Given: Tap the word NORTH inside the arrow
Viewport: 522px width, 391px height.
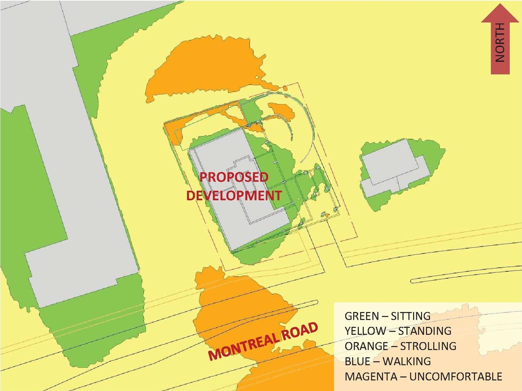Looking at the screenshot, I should [500, 42].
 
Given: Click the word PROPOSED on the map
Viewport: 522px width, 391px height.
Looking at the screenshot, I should [234, 177].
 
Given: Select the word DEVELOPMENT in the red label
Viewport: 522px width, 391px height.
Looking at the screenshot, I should [234, 195].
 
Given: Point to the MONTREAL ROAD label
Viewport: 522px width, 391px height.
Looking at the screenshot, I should [263, 341].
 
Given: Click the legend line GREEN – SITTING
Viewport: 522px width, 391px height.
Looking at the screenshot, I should [387, 316].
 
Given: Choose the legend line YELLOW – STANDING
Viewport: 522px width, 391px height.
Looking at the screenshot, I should [398, 331].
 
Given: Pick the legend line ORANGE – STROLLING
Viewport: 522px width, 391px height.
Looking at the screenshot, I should [400, 346].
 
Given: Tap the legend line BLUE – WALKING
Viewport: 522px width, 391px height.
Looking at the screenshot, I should [387, 361].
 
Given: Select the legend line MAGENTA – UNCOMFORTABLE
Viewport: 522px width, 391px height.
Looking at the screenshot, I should [423, 376].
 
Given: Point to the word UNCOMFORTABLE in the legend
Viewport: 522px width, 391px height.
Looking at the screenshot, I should [456, 376].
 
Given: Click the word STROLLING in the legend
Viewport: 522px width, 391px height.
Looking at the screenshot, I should [428, 346].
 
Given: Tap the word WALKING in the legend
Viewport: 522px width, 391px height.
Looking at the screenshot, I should [407, 361].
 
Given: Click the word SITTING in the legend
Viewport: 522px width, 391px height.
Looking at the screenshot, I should [410, 316].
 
